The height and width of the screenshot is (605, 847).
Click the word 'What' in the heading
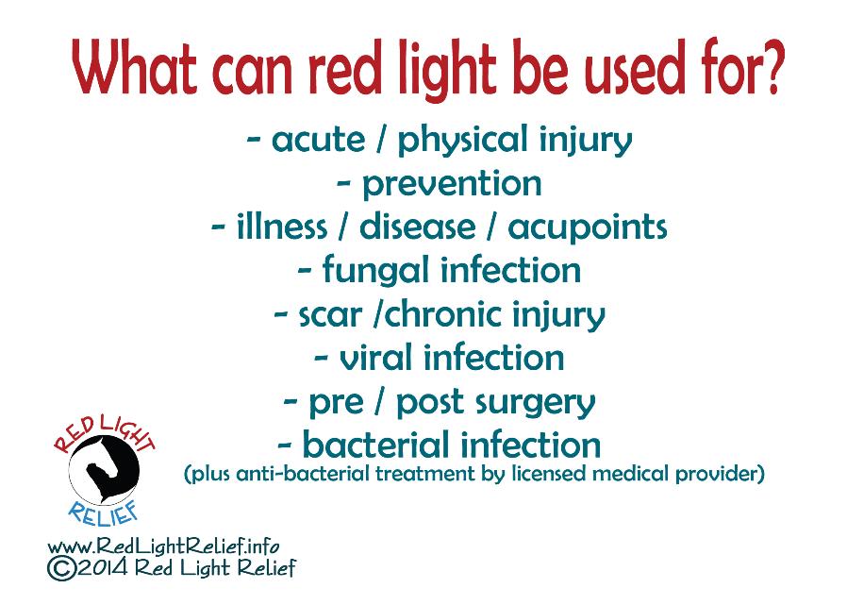click(135, 67)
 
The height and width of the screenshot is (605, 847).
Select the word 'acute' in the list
click(318, 140)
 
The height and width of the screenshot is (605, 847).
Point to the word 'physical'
click(462, 140)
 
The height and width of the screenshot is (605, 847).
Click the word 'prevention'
click(452, 185)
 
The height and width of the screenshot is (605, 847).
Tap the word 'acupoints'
click(588, 227)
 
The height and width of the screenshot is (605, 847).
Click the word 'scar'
click(329, 314)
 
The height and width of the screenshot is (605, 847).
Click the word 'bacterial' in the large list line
click(375, 445)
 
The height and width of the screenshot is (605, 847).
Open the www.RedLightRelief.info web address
click(163, 546)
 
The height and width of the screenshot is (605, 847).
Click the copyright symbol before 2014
click(61, 569)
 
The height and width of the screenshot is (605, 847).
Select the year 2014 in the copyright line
click(103, 569)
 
